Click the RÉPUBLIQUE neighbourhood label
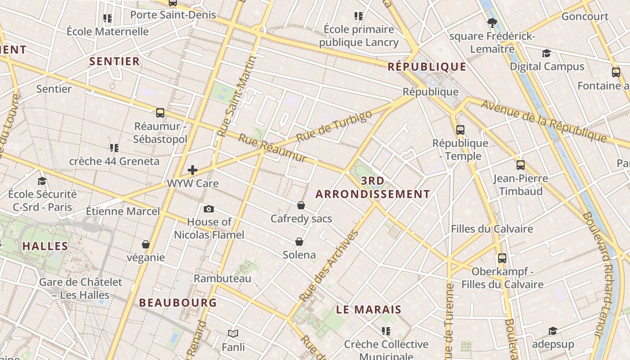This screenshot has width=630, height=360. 427,67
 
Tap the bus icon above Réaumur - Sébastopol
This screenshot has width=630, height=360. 160,112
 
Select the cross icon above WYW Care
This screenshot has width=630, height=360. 193,170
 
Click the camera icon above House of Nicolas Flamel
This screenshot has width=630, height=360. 209,209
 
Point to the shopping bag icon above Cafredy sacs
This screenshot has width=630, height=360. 301,205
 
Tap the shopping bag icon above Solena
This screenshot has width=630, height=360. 299,242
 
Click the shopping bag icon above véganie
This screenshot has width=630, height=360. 146,244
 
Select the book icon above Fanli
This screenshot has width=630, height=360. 233,333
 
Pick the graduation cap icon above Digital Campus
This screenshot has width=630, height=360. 546,53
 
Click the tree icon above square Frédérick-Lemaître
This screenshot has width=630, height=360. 492,22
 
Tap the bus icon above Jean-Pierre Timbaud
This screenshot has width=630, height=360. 521,165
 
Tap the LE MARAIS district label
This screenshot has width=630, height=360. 369,310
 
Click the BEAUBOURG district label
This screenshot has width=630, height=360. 178,302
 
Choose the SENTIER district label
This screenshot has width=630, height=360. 114,61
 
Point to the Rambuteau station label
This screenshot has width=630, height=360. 222,279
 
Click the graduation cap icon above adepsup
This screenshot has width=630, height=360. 553,331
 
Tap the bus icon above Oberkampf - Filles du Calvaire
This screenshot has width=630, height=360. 502,258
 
